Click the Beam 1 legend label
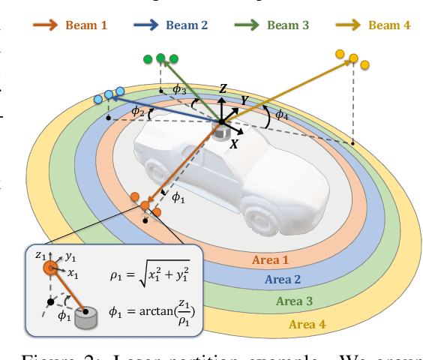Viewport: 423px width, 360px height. tap(86, 25)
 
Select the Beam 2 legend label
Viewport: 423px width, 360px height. tap(187, 25)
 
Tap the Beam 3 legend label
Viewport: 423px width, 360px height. tap(288, 25)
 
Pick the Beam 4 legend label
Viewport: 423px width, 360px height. tap(390, 25)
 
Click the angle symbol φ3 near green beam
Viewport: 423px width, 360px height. tap(179, 90)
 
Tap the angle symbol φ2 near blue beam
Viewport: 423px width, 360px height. tap(137, 111)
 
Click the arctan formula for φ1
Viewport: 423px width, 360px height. tap(160, 310)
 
